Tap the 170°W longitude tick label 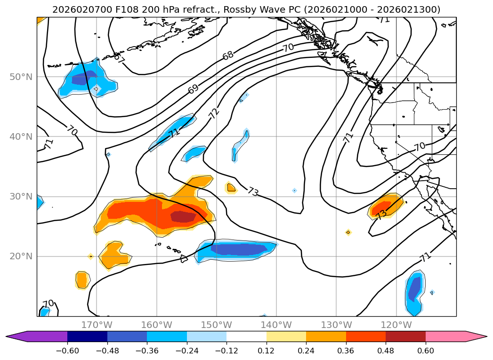pos(97,325)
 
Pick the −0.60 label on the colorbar pos(67,350)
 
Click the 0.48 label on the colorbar pos(386,350)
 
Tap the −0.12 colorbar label pos(226,350)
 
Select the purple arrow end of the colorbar pos(16,336)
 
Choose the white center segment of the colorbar pos(246,336)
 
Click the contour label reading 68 pos(228,55)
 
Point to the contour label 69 pos(193,88)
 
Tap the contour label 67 pos(120,59)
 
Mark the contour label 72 pos(214,113)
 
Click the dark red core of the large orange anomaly pos(183,216)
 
